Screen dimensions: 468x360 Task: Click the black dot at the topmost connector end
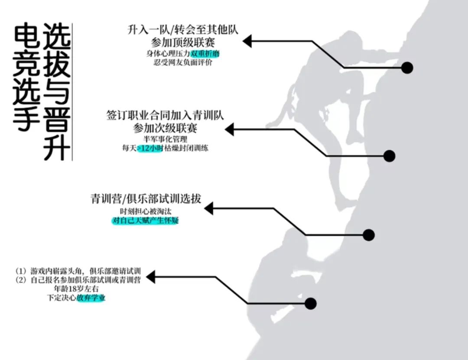tap(407, 68)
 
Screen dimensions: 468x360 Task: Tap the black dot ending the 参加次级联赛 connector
tap(389, 156)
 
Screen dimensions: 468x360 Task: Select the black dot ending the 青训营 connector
tap(369, 235)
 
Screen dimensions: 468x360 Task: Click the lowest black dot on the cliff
tap(310, 304)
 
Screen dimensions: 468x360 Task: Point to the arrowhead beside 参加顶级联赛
tap(247, 41)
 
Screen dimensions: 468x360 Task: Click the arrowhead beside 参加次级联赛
tap(229, 129)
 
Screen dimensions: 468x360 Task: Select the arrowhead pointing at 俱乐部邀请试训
tap(151, 277)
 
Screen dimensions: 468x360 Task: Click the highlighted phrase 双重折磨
tap(205, 54)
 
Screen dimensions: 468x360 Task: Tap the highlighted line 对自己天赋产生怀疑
tap(145, 221)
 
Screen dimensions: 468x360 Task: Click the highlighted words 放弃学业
tap(91, 298)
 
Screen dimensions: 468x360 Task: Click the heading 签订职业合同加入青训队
tap(165, 115)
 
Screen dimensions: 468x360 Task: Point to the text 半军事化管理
tap(165, 139)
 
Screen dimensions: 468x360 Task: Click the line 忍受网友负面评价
tap(183, 62)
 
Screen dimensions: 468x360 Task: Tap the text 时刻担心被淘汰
tap(146, 211)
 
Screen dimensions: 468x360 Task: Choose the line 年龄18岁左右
tap(76, 289)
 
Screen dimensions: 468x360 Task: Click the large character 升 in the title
tap(57, 147)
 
